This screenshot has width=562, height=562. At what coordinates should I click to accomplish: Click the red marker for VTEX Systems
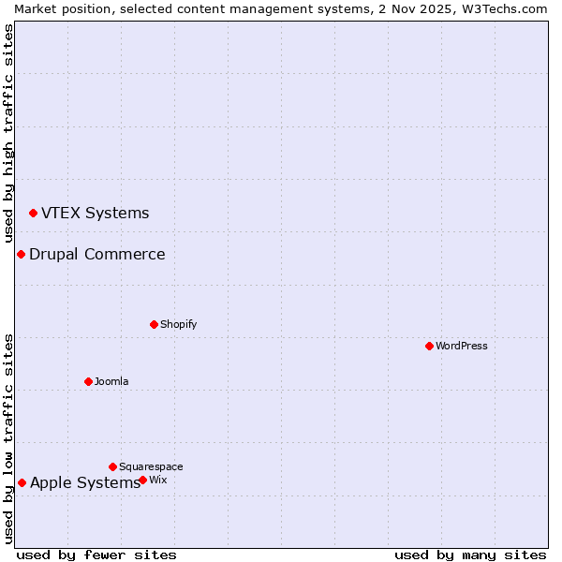pyautogui.click(x=33, y=214)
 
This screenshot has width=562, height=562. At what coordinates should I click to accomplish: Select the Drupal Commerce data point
pyautogui.click(x=21, y=255)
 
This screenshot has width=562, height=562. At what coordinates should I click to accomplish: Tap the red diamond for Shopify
pyautogui.click(x=154, y=324)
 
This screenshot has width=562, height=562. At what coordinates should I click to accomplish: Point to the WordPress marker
pyautogui.click(x=429, y=346)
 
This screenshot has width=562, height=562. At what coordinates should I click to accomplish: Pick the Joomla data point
pyautogui.click(x=88, y=381)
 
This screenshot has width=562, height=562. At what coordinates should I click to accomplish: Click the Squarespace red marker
pyautogui.click(x=112, y=466)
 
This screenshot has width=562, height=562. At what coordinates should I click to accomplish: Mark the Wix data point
pyautogui.click(x=142, y=480)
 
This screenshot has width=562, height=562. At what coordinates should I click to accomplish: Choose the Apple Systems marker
pyautogui.click(x=22, y=483)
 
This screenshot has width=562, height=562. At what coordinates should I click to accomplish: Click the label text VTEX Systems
pyautogui.click(x=95, y=213)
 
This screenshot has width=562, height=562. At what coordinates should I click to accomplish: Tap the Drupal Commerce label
pyautogui.click(x=96, y=254)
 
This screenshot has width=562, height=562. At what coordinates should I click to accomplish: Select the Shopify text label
pyautogui.click(x=178, y=324)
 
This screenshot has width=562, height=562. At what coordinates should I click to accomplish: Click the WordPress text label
pyautogui.click(x=461, y=346)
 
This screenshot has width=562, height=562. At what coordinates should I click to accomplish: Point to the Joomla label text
pyautogui.click(x=111, y=381)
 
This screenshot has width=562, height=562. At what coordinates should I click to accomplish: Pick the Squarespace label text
pyautogui.click(x=151, y=466)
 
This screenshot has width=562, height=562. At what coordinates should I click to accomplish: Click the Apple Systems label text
pyautogui.click(x=84, y=482)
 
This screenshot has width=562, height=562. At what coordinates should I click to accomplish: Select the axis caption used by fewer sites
pyautogui.click(x=96, y=555)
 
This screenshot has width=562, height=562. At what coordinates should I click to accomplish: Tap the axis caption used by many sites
pyautogui.click(x=470, y=555)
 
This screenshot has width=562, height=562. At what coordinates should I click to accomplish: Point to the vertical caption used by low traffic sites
pyautogui.click(x=8, y=438)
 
